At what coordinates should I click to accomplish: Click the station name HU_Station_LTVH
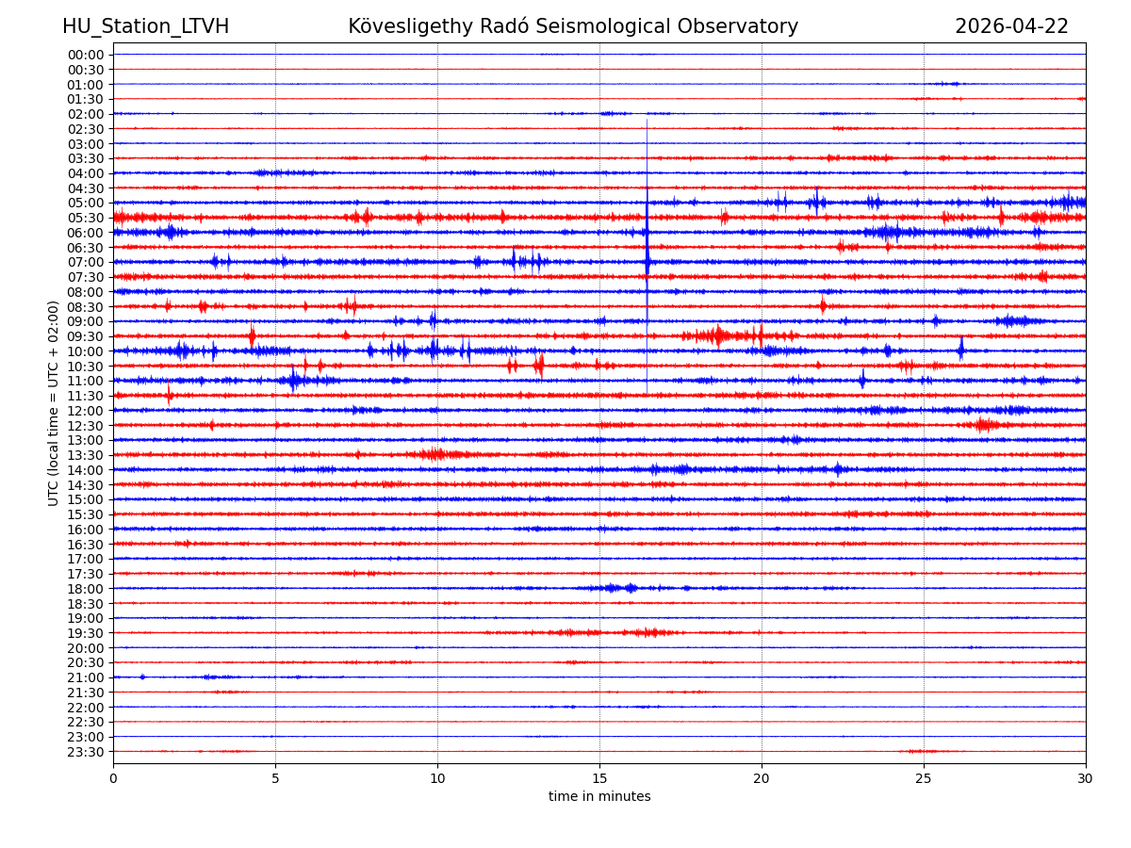point(145,26)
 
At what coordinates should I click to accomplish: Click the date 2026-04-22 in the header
point(1011,26)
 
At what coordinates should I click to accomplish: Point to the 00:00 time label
point(85,55)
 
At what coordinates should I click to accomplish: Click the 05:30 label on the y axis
point(85,218)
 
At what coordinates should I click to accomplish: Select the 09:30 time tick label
point(85,336)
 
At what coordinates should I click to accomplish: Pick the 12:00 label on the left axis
point(85,411)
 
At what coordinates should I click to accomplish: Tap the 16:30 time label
point(85,545)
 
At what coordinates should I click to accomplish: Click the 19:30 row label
point(85,633)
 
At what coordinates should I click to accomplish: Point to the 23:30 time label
point(85,752)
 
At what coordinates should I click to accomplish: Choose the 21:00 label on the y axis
point(85,677)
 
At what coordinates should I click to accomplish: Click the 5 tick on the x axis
point(275,779)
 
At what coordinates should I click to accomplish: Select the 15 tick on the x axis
point(599,779)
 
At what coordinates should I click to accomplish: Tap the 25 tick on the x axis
point(924,779)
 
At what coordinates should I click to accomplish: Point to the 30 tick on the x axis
point(1086,779)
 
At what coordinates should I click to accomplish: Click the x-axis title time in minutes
point(599,797)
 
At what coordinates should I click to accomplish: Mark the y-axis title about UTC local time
point(54,403)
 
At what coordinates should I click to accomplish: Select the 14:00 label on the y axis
point(85,470)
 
